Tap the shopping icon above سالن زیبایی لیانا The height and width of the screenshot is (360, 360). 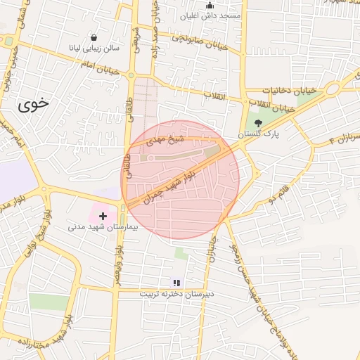94,38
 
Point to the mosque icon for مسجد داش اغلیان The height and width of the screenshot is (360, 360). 209,5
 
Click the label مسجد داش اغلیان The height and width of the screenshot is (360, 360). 210,15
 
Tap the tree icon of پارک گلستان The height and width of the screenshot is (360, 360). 258,122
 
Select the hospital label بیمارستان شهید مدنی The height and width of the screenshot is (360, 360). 103,227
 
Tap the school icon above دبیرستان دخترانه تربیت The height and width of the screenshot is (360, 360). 176,283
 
